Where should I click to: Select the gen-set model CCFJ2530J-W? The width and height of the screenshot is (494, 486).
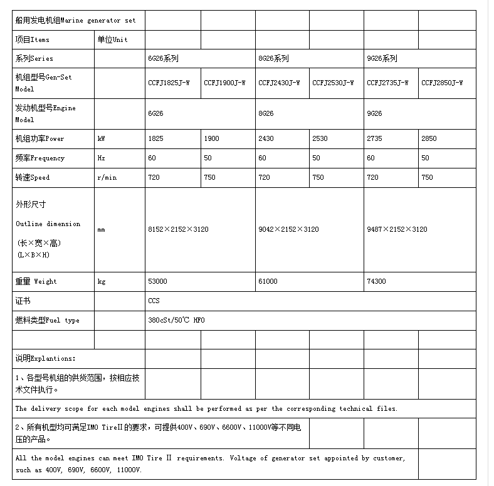333,83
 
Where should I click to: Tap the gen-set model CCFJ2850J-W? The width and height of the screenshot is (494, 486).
442,83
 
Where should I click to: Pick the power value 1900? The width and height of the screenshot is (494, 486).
212,138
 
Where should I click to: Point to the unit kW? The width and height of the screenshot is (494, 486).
102,138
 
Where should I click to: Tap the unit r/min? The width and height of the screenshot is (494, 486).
107,177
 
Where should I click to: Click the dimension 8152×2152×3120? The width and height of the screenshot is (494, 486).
178,229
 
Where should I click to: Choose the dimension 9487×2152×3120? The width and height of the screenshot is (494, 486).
397,229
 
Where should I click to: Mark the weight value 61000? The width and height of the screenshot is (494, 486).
268,281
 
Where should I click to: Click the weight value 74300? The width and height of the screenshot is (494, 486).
376,281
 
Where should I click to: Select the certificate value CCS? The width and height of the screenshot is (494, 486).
154,301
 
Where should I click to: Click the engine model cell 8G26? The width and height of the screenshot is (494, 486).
266,113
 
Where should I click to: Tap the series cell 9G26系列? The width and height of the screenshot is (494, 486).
382,58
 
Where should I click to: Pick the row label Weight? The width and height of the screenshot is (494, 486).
36,281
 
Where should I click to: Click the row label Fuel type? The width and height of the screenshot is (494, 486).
48,320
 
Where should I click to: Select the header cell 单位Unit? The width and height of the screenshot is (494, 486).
112,39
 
